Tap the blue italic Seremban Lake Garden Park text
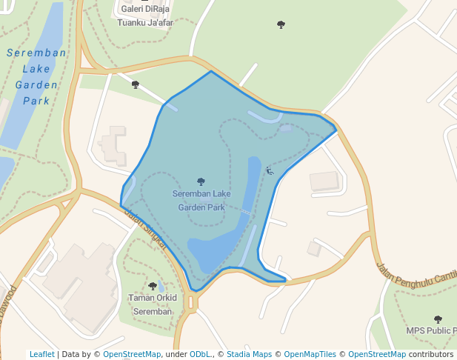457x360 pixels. tap(36, 76)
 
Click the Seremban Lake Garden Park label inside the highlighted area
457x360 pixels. tap(201, 201)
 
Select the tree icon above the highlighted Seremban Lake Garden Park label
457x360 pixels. tap(201, 181)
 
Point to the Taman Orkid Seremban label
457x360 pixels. tap(153, 304)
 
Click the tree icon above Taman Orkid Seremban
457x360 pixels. tap(153, 286)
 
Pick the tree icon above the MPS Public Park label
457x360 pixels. tap(438, 319)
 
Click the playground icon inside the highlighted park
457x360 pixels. tap(270, 171)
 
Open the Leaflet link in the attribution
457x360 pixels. tap(42, 354)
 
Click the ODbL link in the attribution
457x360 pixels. tap(201, 354)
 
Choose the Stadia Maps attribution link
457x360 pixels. tap(249, 354)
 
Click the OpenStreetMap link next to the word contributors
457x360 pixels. tap(377, 354)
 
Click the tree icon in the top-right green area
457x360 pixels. tap(281, 24)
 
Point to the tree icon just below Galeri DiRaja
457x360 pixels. tap(136, 84)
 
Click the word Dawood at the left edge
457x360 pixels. tap(9, 301)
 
